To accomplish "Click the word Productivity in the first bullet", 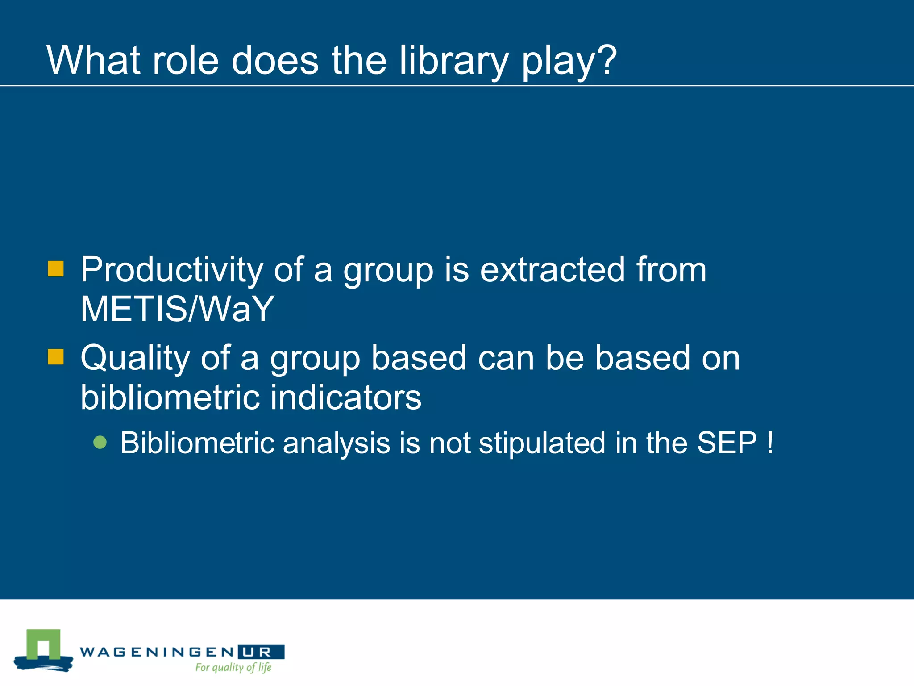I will [171, 271].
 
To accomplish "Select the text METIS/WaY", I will [177, 309].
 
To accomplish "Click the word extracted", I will [552, 270].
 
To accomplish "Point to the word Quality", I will [135, 359].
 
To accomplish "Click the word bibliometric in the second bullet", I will [170, 397].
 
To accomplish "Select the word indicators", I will [346, 397].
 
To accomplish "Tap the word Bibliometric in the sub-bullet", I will [197, 443].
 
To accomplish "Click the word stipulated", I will [542, 443].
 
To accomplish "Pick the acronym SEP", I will [727, 443].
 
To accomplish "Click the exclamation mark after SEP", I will [770, 443].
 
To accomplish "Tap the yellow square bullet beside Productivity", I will [56, 269].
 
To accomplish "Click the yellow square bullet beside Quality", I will [56, 357].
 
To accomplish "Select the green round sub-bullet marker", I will [100, 442].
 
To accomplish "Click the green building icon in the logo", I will [43, 645].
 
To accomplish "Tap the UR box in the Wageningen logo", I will [261, 652].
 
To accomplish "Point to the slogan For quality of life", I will [233, 668].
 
